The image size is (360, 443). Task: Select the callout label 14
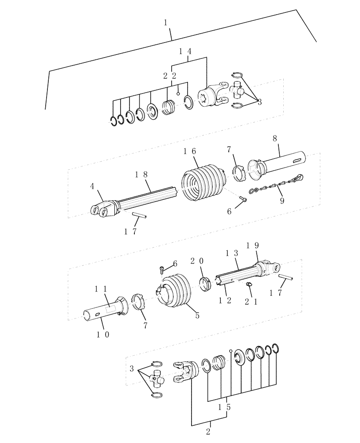pyautogui.click(x=185, y=51)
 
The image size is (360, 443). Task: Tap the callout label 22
pyautogui.click(x=170, y=76)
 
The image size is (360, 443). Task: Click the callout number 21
pyautogui.click(x=250, y=301)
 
